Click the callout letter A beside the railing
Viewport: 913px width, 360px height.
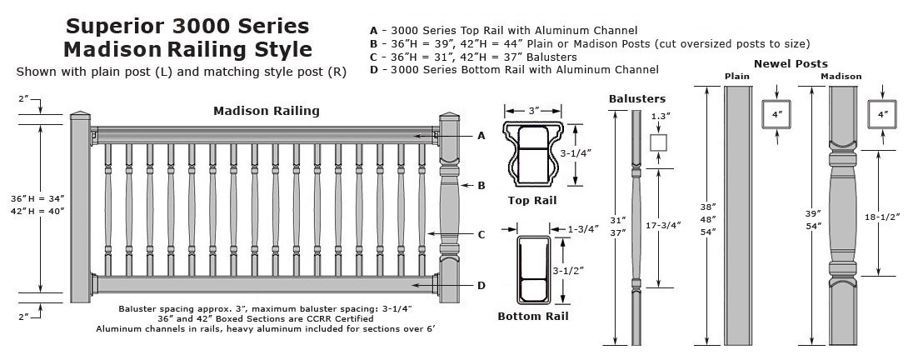[x=481, y=136]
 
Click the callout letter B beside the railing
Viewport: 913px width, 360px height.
[x=481, y=185]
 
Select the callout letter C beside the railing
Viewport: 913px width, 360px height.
[x=481, y=234]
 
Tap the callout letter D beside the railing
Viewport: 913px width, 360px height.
[x=481, y=285]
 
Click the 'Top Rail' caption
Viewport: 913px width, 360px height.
[x=531, y=201]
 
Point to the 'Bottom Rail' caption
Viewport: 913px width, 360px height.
[x=533, y=317]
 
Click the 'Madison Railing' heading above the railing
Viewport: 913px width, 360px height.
[x=266, y=111]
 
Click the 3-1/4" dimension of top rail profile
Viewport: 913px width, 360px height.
[x=577, y=153]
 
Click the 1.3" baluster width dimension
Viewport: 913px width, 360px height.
[x=659, y=116]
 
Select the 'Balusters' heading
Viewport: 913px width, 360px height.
[x=636, y=98]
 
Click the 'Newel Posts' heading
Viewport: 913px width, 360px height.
[x=791, y=63]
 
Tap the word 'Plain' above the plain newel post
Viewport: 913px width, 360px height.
[x=737, y=77]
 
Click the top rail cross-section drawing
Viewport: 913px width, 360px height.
[x=533, y=155]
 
